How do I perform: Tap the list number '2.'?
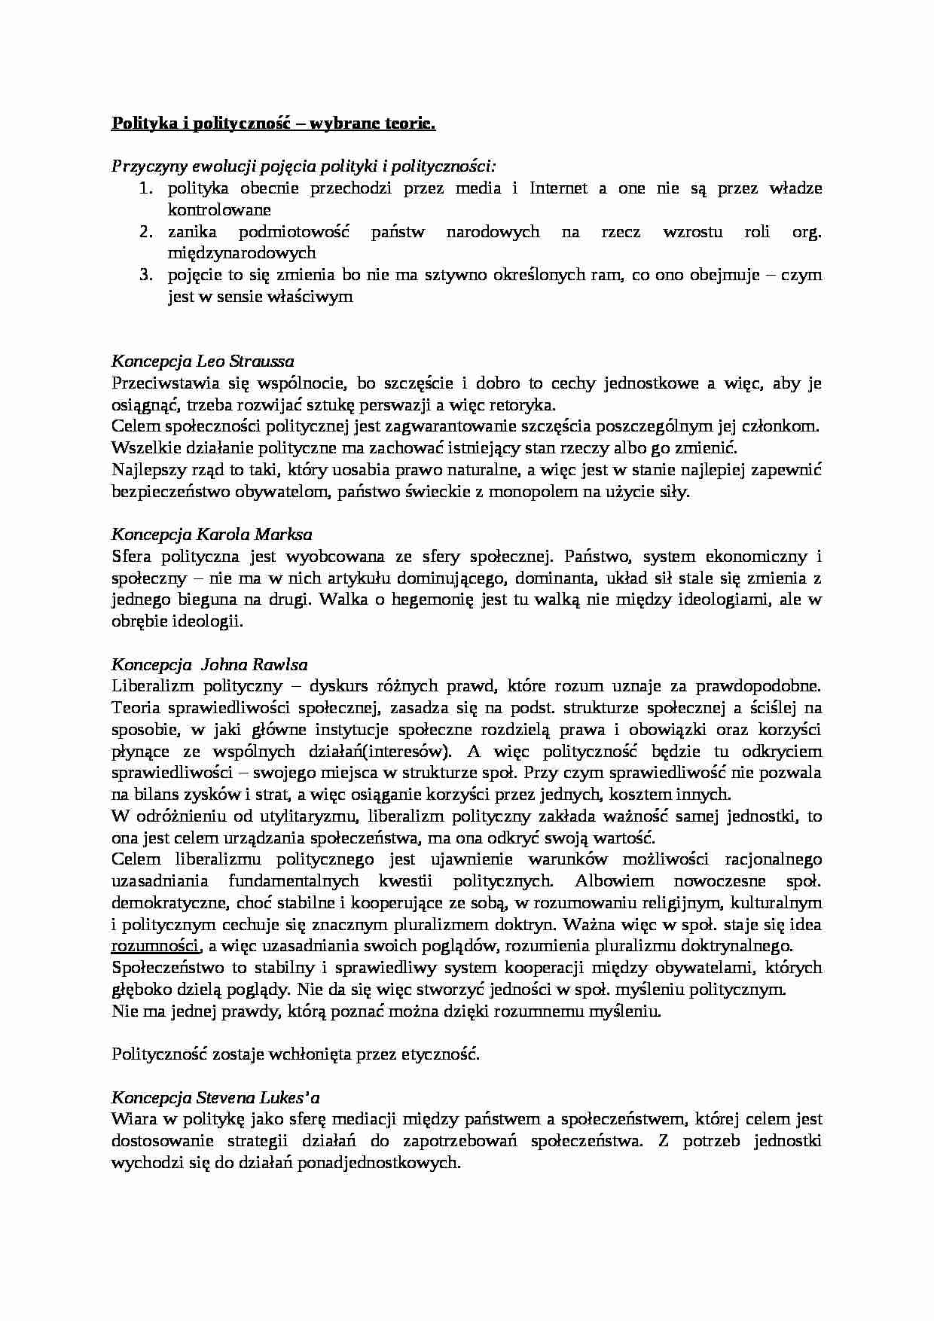[x=147, y=232]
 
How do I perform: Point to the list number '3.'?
[x=147, y=275]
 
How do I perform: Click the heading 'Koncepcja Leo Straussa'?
[x=203, y=362]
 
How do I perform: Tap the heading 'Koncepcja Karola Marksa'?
[x=212, y=535]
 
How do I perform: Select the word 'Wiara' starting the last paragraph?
[x=132, y=1119]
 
